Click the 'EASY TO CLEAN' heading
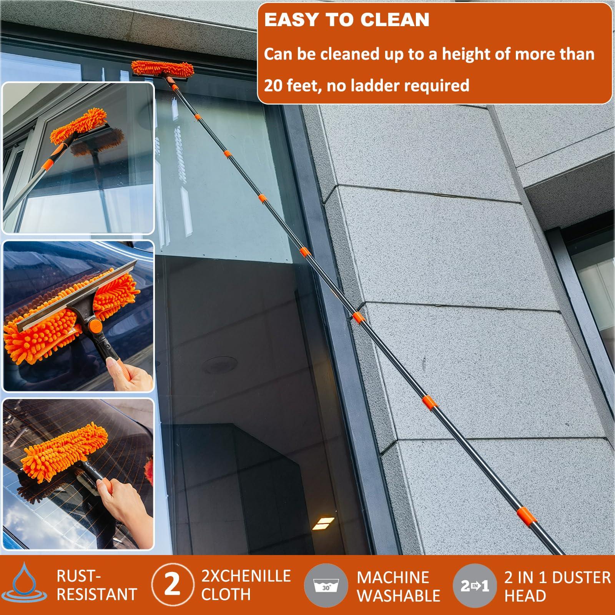pos(347,20)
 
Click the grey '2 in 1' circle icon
pos(475,585)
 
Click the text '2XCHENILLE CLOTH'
pos(246,585)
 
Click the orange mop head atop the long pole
pos(163,68)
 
